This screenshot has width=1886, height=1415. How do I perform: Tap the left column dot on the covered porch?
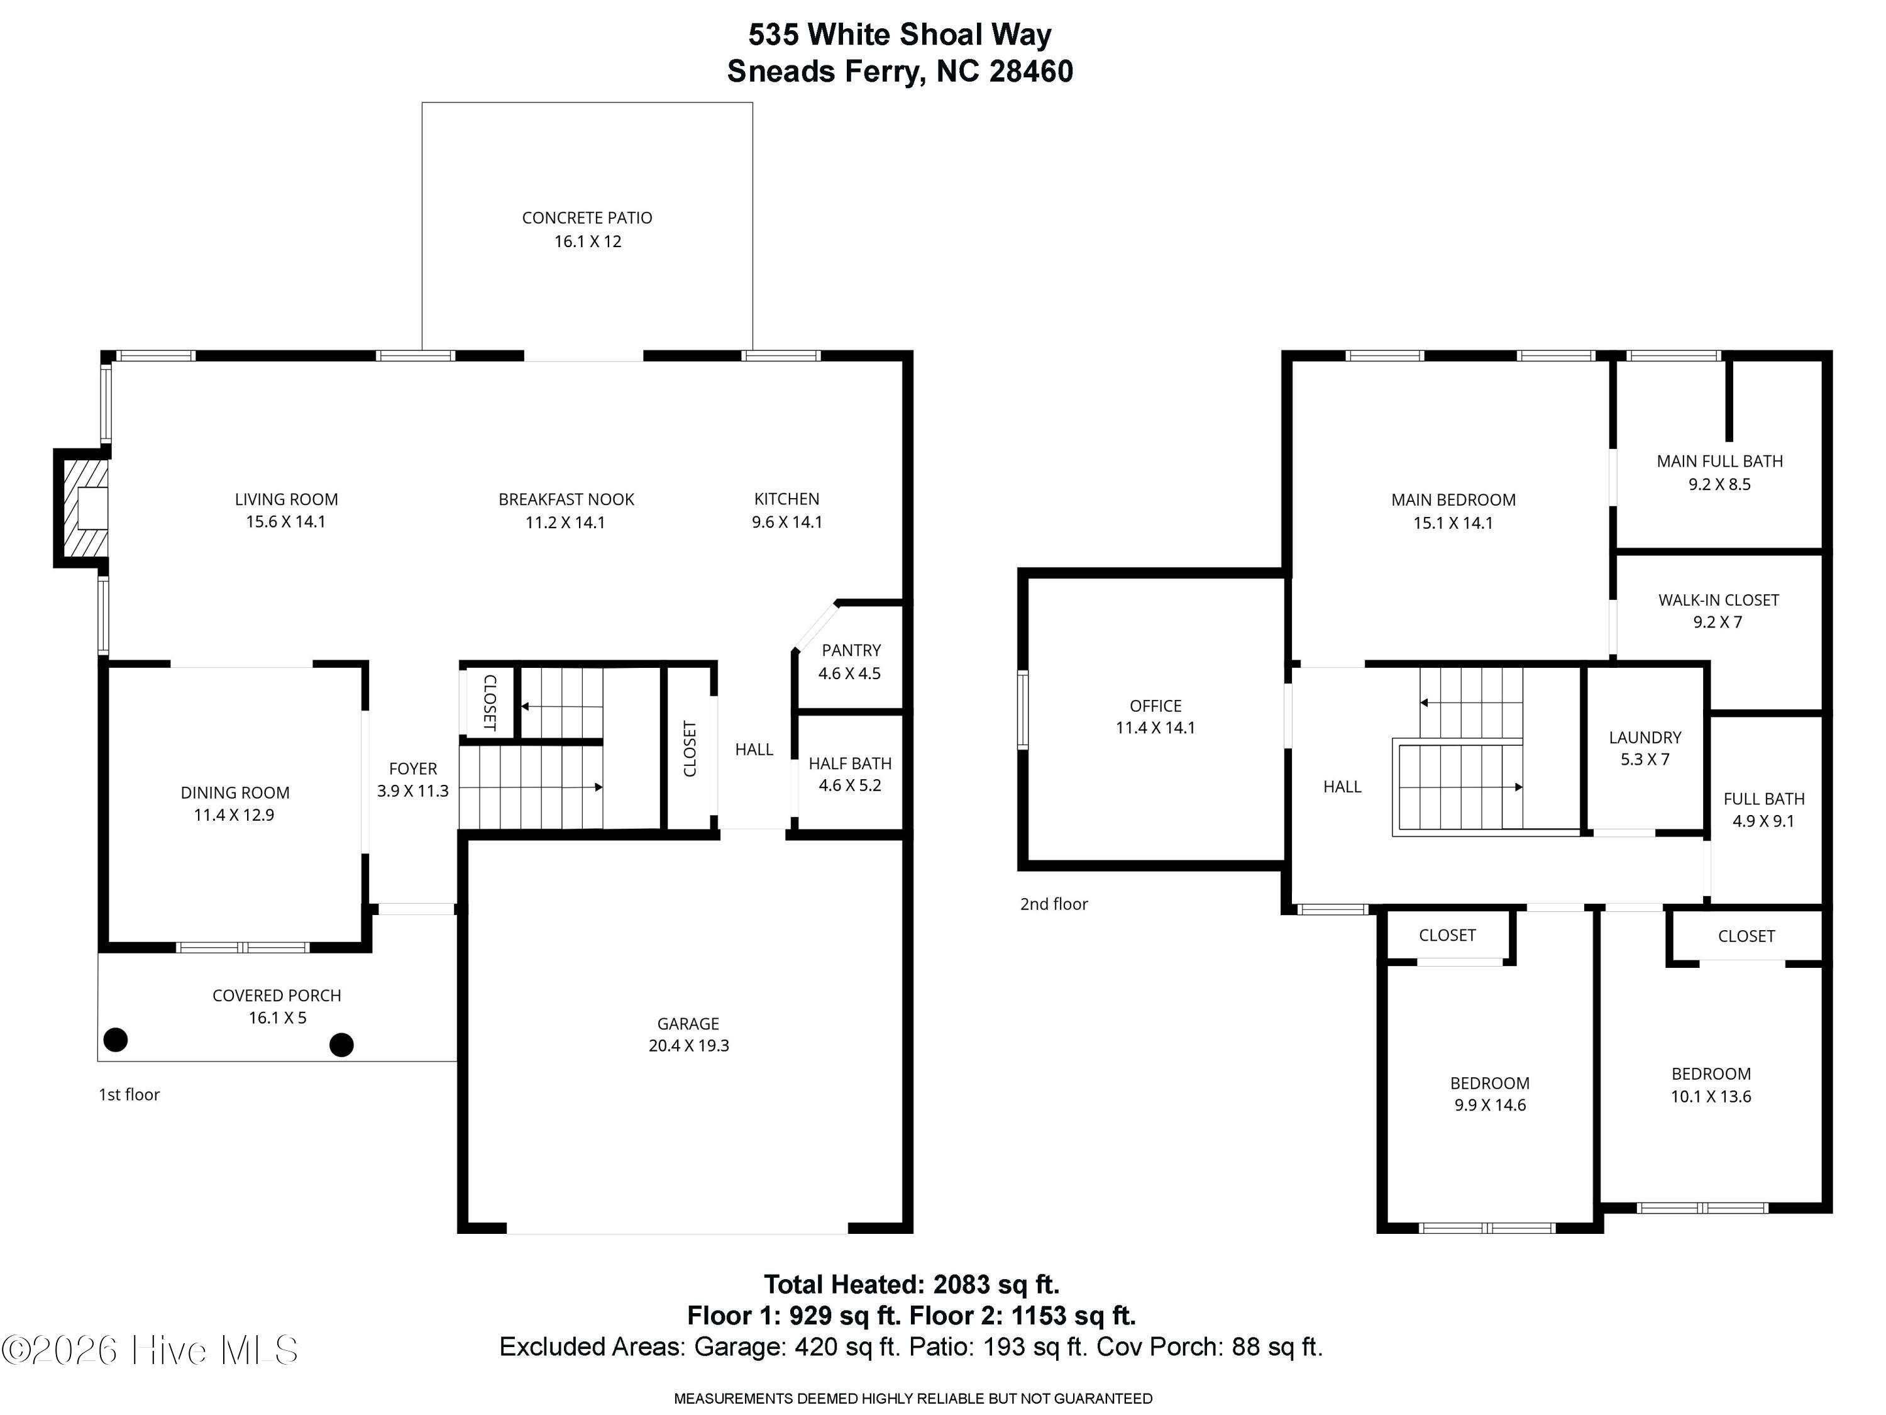click(x=115, y=1040)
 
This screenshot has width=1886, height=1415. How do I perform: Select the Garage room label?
click(x=688, y=1023)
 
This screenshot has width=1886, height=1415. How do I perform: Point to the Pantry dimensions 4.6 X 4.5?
click(x=849, y=673)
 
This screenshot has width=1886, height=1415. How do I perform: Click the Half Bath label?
click(x=850, y=763)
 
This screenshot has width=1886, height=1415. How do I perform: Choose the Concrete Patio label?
click(x=587, y=218)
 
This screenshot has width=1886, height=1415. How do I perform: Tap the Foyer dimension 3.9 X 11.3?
click(x=412, y=791)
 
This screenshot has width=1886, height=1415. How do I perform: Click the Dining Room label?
click(x=234, y=792)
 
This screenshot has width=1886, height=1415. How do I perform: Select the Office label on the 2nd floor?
click(x=1155, y=706)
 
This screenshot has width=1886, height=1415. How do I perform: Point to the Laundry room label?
click(x=1645, y=737)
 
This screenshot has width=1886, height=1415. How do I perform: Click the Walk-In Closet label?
click(x=1718, y=599)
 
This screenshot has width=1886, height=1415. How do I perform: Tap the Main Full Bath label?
click(x=1719, y=460)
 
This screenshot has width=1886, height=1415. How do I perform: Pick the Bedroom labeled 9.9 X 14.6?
click(x=1489, y=1083)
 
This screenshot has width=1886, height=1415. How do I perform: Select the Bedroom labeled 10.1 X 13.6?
click(x=1711, y=1074)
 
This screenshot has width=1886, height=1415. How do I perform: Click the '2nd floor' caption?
click(x=1054, y=904)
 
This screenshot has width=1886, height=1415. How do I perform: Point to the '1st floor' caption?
click(x=129, y=1094)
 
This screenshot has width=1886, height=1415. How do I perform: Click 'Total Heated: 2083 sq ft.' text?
click(x=910, y=1284)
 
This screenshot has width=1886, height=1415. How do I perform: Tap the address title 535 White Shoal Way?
click(x=900, y=35)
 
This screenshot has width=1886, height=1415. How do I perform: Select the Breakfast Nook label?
click(x=566, y=499)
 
